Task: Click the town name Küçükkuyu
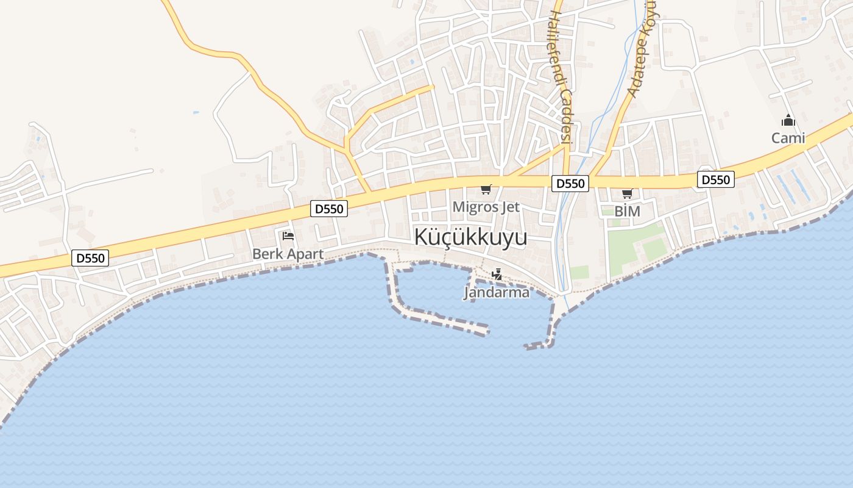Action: pyautogui.click(x=470, y=237)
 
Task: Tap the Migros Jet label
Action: pyautogui.click(x=486, y=207)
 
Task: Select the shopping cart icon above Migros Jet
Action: pyautogui.click(x=486, y=189)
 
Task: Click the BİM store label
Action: pyautogui.click(x=627, y=211)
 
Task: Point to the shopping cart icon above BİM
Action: pyautogui.click(x=627, y=194)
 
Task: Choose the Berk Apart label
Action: pyautogui.click(x=288, y=253)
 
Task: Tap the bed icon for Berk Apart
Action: pyautogui.click(x=288, y=235)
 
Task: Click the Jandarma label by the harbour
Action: pyautogui.click(x=497, y=292)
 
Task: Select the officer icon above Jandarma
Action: pyautogui.click(x=497, y=274)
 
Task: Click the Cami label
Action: pyautogui.click(x=788, y=138)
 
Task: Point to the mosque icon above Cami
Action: pyautogui.click(x=788, y=120)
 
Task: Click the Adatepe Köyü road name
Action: pyautogui.click(x=643, y=49)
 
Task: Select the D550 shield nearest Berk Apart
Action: pyautogui.click(x=329, y=209)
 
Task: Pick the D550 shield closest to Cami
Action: pyautogui.click(x=716, y=179)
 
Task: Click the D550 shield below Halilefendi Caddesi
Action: pyautogui.click(x=570, y=183)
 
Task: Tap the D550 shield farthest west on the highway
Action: pyautogui.click(x=90, y=258)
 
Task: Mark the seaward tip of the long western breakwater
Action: pyautogui.click(x=486, y=331)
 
